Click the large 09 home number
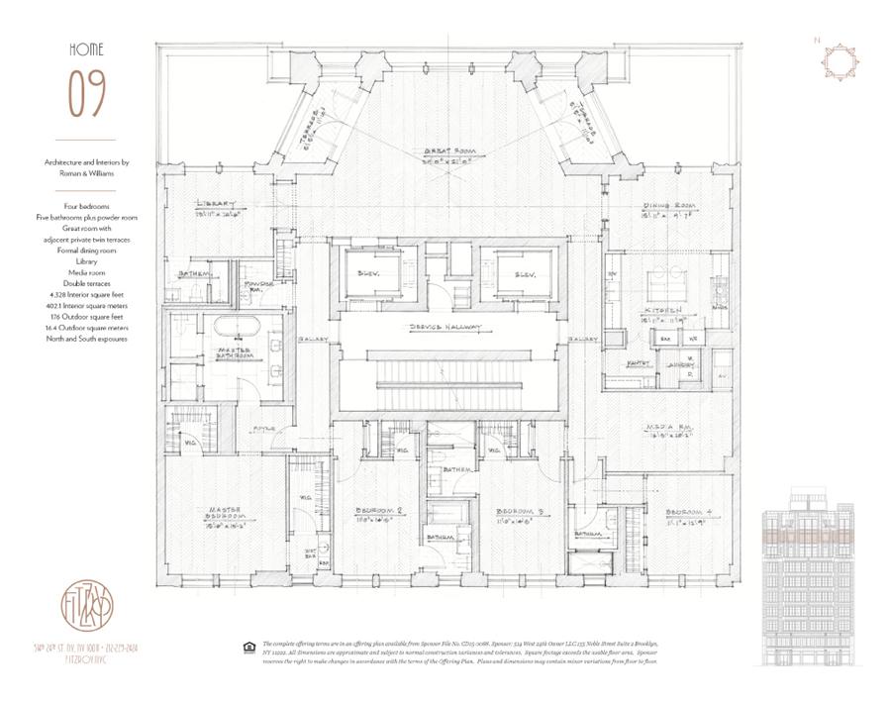pos(86,94)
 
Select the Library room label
pos(218,203)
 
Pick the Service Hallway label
pos(445,328)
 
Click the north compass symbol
pos(836,60)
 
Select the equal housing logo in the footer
pos(247,649)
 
